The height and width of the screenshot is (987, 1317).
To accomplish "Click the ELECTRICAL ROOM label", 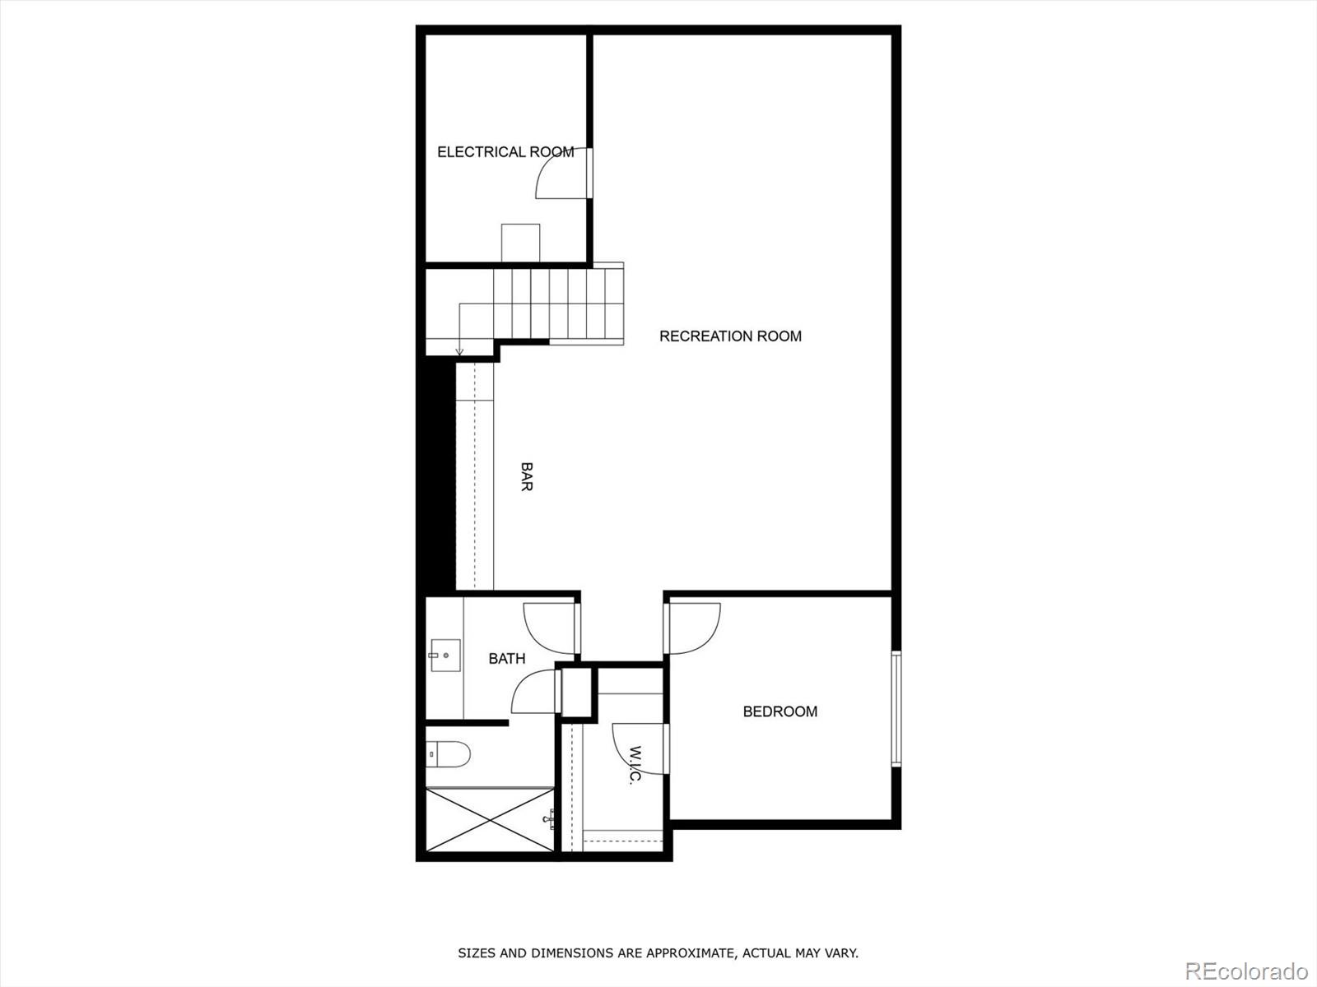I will pos(505,152).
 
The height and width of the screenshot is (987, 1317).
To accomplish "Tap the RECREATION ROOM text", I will pos(730,336).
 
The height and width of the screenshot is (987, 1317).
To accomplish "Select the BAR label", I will pos(527,476).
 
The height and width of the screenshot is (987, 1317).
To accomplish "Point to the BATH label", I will pos(507,658).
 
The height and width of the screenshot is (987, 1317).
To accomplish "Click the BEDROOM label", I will pos(779,711).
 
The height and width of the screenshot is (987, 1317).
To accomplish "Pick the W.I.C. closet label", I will pos(635,765).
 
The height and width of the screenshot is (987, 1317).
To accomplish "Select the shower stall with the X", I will pos(490,820).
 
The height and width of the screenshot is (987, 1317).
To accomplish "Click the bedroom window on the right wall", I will pos(896,709).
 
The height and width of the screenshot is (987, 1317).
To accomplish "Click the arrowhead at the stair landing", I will pos(459,352).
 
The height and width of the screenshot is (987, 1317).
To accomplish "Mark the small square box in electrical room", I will pos(521,243).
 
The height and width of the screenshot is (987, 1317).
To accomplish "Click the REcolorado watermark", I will pos(1245,971).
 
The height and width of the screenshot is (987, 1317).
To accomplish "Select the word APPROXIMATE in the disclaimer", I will pos(688,953).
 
